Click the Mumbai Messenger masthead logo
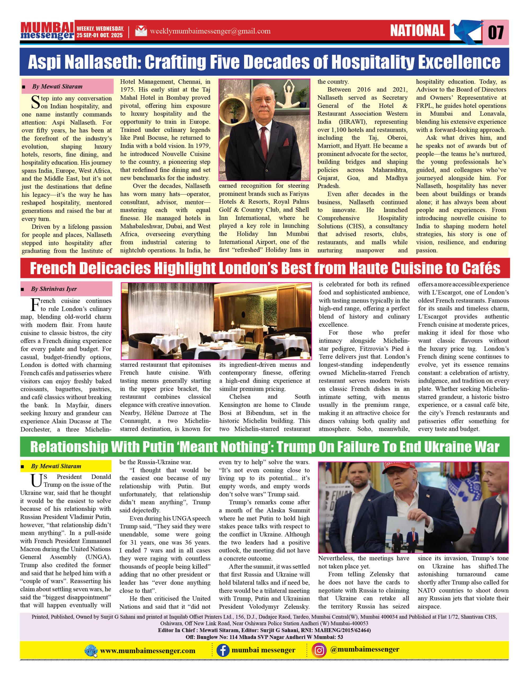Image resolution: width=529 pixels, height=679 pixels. (47, 31)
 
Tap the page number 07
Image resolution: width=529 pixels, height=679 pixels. (496, 32)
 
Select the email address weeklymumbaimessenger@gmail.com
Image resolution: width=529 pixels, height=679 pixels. (210, 31)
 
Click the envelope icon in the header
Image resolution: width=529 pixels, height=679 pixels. (141, 31)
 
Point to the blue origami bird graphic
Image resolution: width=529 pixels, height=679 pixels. (465, 31)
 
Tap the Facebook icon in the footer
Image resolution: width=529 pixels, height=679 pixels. (223, 650)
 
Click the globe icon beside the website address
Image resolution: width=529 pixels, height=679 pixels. (91, 651)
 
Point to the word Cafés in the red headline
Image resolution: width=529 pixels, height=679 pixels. (482, 269)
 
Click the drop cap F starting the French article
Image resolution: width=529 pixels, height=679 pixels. (35, 305)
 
